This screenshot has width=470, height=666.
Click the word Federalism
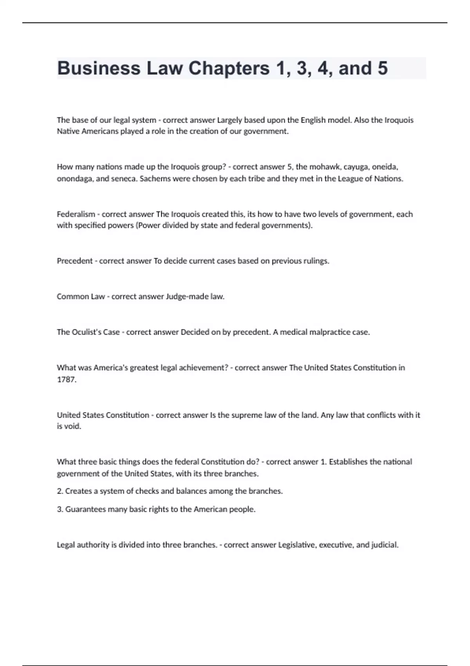pyautogui.click(x=76, y=214)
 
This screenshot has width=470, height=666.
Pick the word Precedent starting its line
pyautogui.click(x=74, y=261)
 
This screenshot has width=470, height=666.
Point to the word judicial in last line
pyautogui.click(x=384, y=545)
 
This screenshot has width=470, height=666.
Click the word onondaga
pyautogui.click(x=74, y=179)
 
